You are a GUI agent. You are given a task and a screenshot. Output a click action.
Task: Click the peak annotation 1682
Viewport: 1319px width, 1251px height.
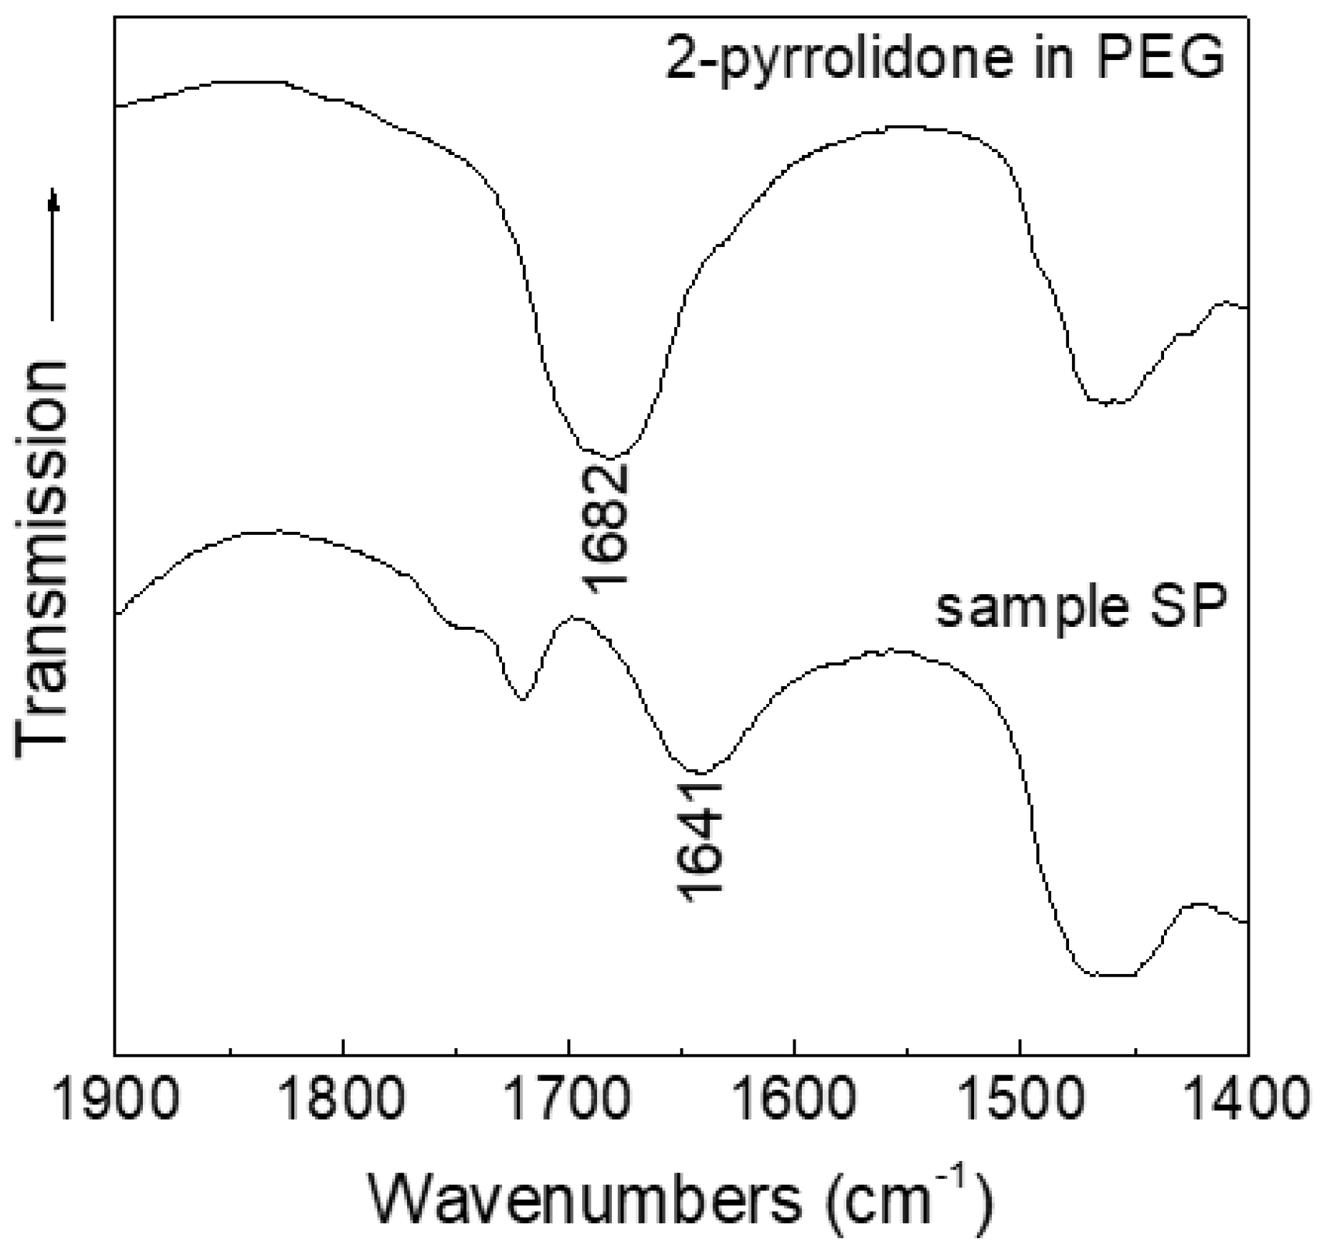pyautogui.click(x=607, y=527)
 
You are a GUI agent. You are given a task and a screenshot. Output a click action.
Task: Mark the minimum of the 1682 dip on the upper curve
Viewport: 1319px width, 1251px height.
pyautogui.click(x=611, y=458)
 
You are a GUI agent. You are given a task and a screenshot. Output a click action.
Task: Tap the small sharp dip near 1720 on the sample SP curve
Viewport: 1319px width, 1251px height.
pyautogui.click(x=522, y=699)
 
